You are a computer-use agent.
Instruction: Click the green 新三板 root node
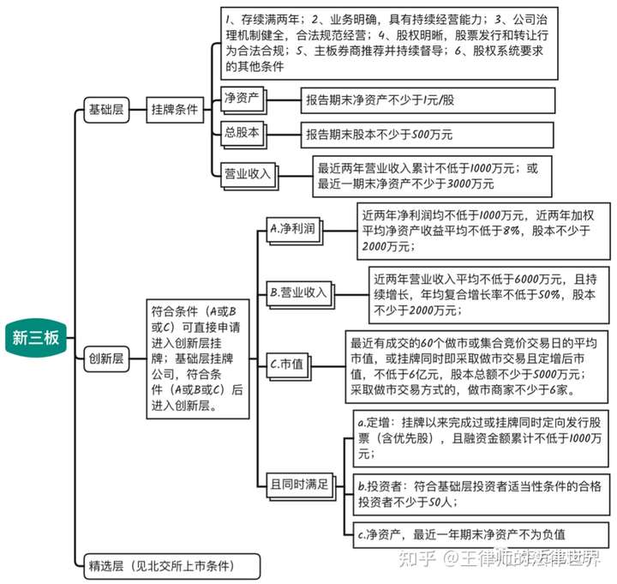pos(35,337)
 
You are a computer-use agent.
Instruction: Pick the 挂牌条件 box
pos(174,110)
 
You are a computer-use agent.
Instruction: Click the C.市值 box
pos(287,364)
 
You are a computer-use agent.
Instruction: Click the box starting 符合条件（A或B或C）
pos(195,359)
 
